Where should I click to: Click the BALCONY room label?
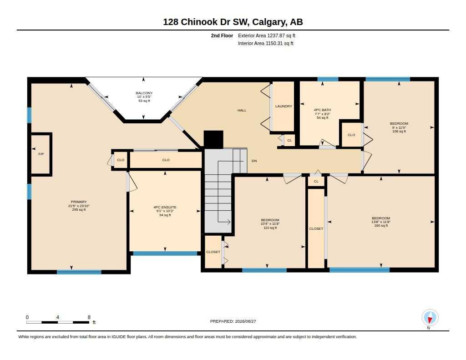144,93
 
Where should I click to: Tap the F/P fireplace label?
41,154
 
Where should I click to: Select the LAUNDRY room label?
284,106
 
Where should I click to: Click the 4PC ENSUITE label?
165,207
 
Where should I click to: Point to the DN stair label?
254,161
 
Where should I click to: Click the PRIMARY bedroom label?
79,202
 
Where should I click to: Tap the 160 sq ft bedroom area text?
381,226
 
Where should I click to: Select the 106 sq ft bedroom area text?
399,131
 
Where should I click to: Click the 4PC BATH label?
323,110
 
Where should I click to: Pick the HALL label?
242,110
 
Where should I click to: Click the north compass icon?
430,318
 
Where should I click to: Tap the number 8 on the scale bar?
89,317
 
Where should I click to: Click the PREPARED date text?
233,321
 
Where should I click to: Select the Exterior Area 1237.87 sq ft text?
267,35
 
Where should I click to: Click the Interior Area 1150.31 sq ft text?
266,43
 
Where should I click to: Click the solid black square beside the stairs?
213,139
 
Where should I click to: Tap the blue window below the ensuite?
165,254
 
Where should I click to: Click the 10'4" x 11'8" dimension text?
270,224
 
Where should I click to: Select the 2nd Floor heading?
222,35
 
